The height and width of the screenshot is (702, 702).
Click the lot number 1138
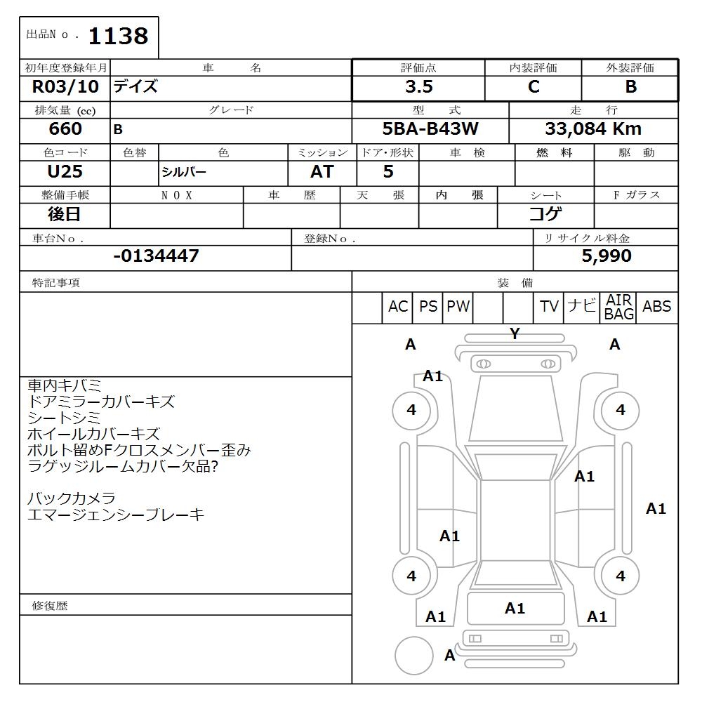tap(118, 37)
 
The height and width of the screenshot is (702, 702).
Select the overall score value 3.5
tap(419, 87)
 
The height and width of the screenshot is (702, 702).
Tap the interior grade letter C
tap(534, 87)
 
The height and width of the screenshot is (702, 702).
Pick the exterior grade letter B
tap(630, 87)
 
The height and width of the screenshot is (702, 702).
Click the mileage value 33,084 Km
tap(593, 129)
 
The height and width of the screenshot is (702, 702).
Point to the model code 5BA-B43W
tap(430, 129)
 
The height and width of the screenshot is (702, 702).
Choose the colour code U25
tap(65, 171)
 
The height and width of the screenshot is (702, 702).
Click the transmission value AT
tap(322, 171)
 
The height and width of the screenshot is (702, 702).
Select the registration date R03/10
tap(65, 86)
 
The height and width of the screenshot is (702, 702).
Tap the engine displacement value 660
tap(65, 129)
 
